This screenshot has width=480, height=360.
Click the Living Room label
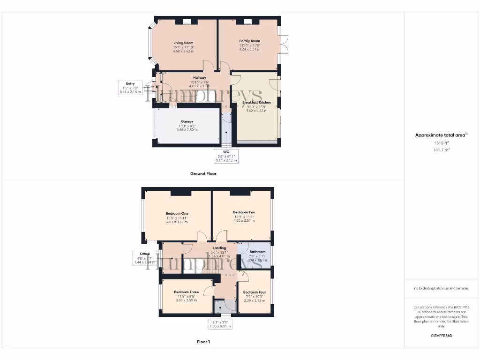183,43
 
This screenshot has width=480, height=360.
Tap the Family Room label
249,41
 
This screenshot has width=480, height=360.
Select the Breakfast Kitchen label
256,102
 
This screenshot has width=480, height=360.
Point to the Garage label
187,121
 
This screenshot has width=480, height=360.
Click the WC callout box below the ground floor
226,156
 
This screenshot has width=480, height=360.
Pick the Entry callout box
130,88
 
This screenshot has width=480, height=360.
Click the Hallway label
199,78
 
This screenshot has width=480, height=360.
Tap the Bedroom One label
177,214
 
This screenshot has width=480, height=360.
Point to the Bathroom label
257,252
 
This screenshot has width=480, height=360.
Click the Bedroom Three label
186,292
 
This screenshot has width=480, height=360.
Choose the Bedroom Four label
255,292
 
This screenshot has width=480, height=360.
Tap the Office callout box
144,258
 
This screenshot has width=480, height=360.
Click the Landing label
219,248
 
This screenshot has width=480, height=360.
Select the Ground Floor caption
203,173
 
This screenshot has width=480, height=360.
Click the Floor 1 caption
203,342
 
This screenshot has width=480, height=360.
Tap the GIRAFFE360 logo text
441,336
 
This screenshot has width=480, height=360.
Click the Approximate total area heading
441,135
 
